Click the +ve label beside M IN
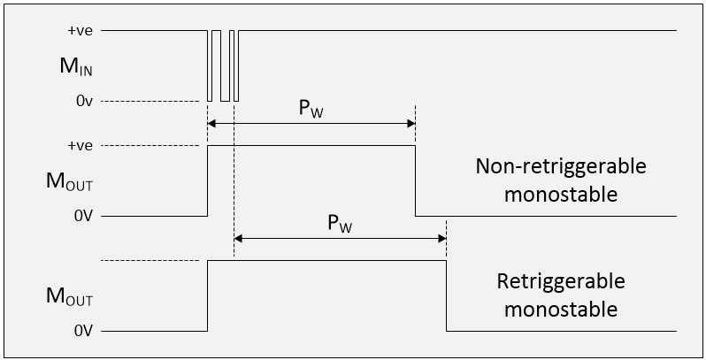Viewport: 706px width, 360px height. pyautogui.click(x=80, y=30)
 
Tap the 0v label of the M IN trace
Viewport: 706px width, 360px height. pyautogui.click(x=84, y=101)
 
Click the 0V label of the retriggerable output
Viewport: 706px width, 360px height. pyautogui.click(x=83, y=331)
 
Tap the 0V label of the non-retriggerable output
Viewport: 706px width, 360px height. pyautogui.click(x=83, y=216)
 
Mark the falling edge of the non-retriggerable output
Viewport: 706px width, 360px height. pyautogui.click(x=416, y=180)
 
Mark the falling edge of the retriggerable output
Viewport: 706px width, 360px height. pyautogui.click(x=446, y=295)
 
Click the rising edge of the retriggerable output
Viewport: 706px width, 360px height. pyautogui.click(x=207, y=295)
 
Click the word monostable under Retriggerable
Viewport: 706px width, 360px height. pyautogui.click(x=561, y=310)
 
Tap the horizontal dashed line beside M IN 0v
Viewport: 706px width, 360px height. pyautogui.click(x=150, y=101)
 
